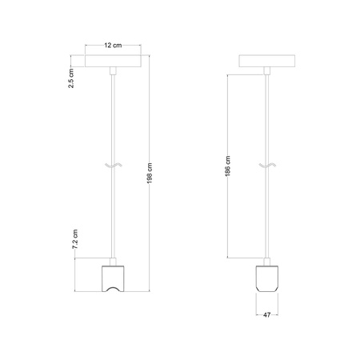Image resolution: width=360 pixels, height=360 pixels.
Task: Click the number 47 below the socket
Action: click(268, 315)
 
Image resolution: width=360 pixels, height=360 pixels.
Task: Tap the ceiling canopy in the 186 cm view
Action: click(268, 63)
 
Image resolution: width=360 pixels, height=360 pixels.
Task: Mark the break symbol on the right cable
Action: click(268, 166)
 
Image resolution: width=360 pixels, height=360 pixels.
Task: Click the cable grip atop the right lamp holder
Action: click(268, 260)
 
